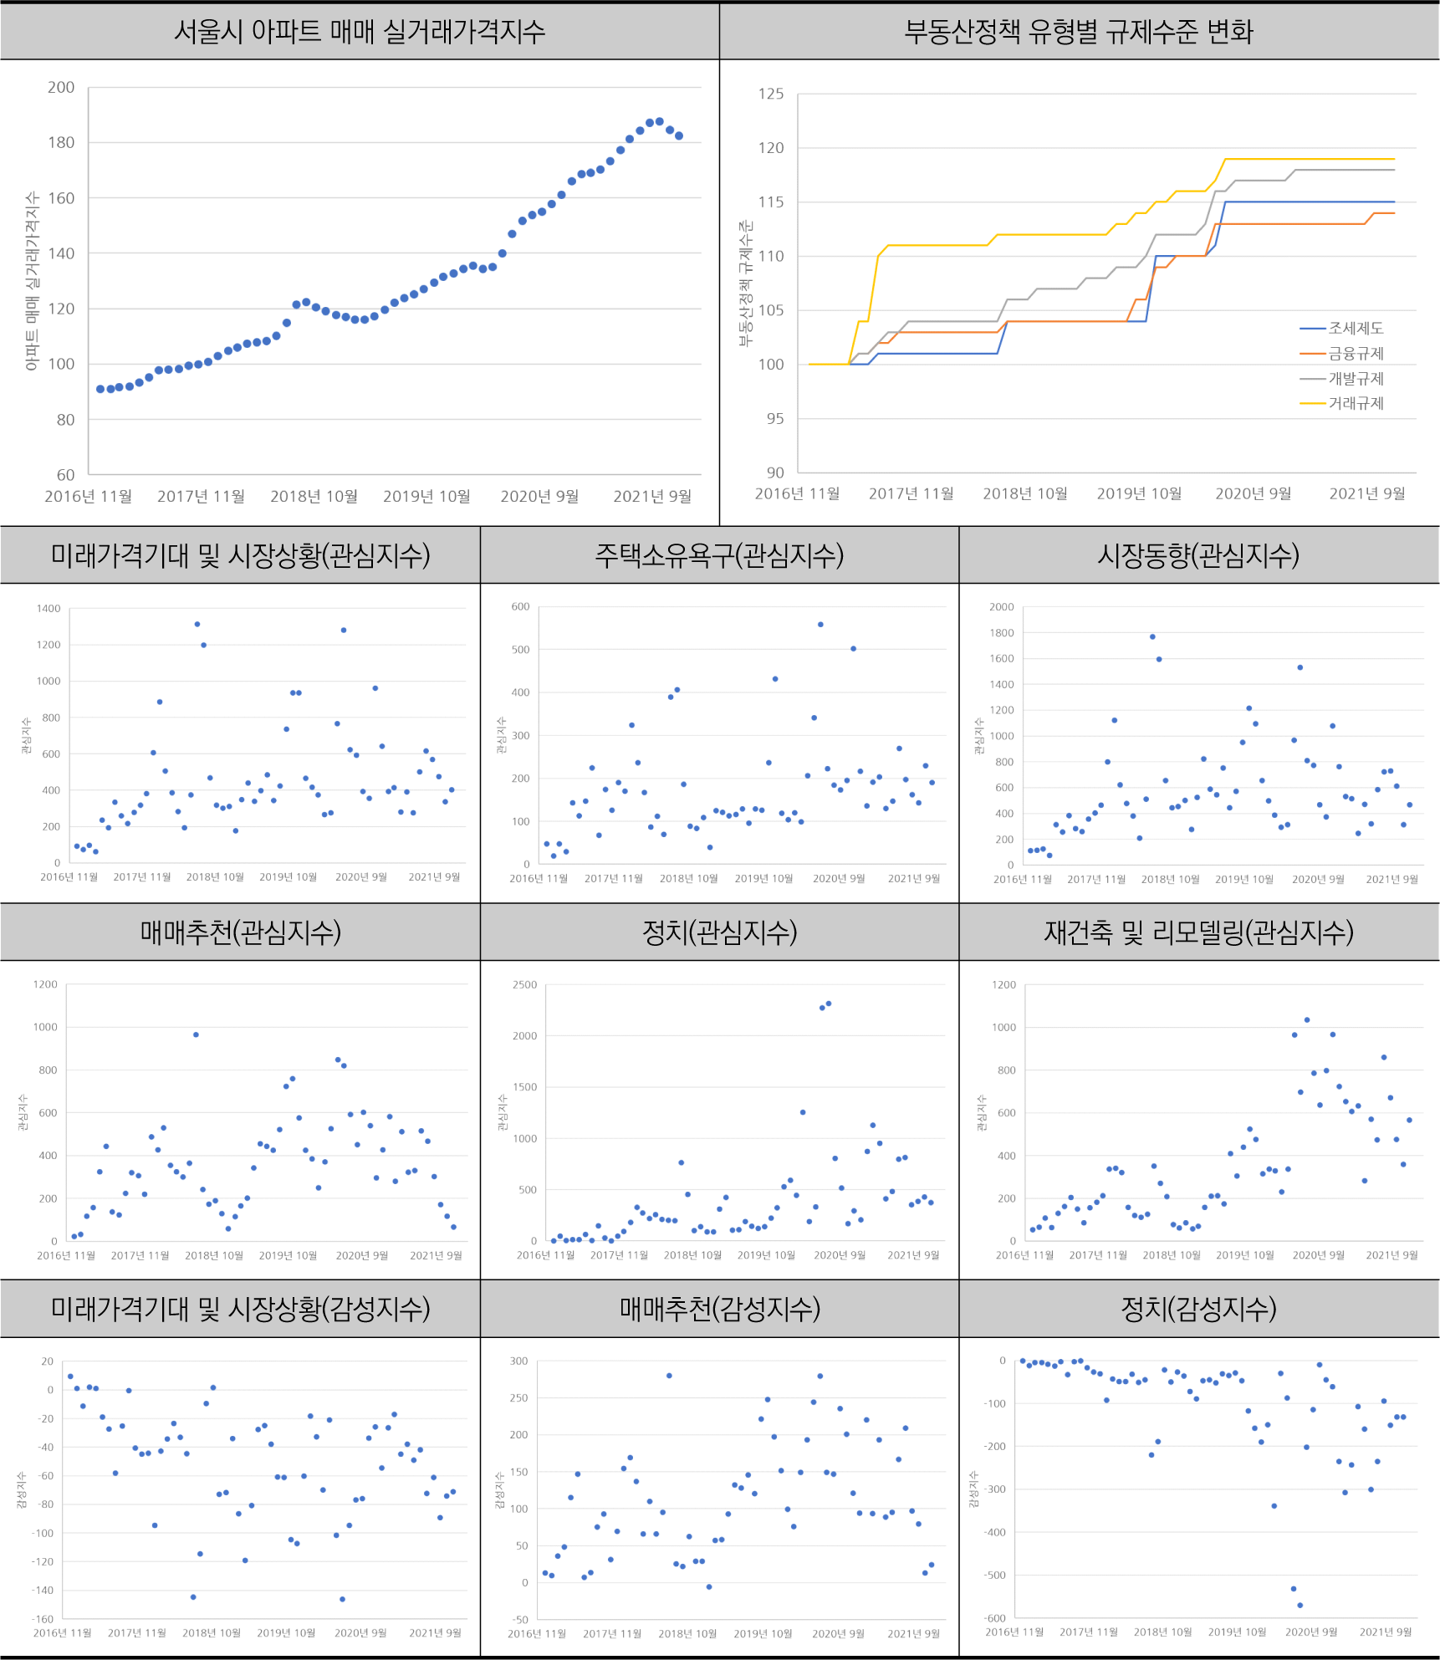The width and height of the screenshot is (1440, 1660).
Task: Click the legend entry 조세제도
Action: [1356, 329]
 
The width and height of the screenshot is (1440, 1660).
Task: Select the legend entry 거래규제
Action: [1356, 403]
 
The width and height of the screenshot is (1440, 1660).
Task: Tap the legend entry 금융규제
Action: [1356, 354]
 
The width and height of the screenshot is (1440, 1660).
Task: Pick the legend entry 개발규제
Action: [1356, 379]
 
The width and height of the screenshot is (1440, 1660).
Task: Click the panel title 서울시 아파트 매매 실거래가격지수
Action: [360, 32]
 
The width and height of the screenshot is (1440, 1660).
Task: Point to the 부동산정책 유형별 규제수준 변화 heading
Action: [1079, 32]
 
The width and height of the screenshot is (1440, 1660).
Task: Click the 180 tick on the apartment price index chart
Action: [61, 142]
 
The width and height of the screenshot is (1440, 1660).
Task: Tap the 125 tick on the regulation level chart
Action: [771, 94]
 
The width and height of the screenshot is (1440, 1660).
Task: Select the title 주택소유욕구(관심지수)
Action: [719, 555]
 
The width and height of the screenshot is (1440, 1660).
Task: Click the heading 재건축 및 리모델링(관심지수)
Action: [1198, 932]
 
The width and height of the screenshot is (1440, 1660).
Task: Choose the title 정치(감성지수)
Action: [1198, 1308]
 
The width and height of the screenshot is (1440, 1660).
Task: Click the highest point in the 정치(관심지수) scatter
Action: [829, 1004]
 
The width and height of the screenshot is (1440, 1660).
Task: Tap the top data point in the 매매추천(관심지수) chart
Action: [196, 1034]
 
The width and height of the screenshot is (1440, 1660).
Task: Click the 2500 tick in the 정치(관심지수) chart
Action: [525, 984]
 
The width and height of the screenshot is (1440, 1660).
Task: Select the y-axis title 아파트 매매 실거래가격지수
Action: [32, 281]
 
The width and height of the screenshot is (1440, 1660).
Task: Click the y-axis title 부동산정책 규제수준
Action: [745, 283]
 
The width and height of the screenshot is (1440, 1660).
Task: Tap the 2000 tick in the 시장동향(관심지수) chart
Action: [1001, 607]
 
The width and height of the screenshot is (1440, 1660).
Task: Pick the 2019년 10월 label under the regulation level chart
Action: [1139, 493]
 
